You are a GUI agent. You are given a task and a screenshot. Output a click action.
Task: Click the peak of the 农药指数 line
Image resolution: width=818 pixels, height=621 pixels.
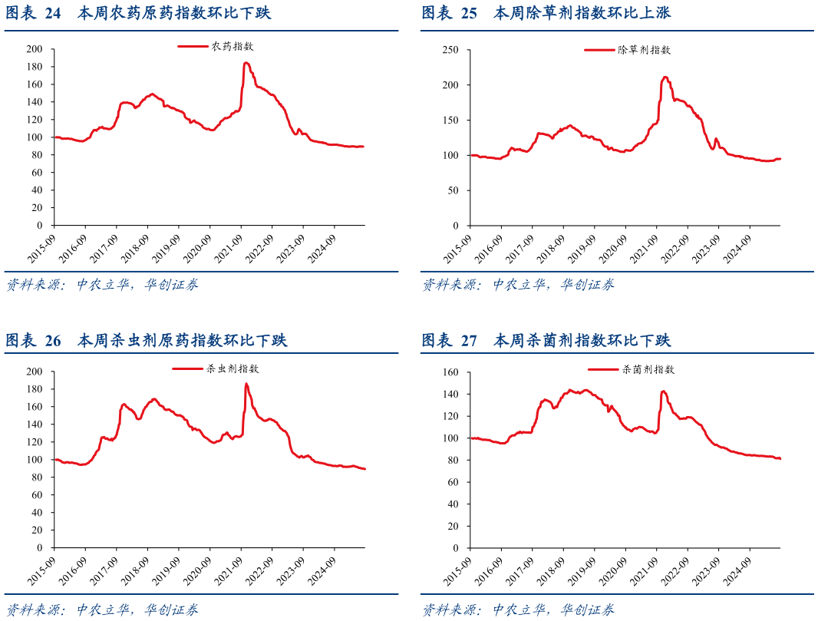(x=246, y=63)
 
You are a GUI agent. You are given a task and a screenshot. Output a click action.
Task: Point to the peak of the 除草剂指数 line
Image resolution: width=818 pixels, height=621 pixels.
(x=665, y=77)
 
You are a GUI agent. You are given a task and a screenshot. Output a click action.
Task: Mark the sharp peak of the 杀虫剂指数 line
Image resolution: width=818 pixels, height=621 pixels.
(x=246, y=384)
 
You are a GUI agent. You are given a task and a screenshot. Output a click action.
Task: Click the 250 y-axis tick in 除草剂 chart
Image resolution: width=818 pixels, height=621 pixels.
(x=451, y=50)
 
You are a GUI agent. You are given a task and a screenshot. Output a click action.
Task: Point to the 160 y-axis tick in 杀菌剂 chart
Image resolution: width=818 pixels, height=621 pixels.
(x=451, y=372)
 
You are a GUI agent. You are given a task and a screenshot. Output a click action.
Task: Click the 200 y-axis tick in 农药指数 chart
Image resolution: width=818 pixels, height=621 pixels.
(x=35, y=49)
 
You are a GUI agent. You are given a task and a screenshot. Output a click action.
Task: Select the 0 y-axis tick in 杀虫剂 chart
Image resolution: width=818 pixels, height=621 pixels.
(x=42, y=549)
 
